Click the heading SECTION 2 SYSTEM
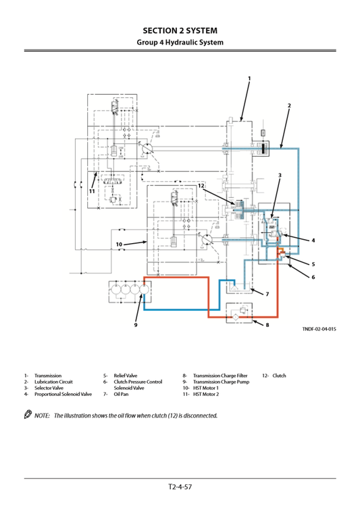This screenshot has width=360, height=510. (x=180, y=30)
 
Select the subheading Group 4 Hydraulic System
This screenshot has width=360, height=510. (x=180, y=43)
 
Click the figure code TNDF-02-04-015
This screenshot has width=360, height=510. (x=319, y=328)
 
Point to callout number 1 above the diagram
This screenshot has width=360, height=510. (x=249, y=79)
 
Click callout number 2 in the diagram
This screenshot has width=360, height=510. (x=288, y=106)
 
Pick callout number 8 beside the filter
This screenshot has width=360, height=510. (x=267, y=326)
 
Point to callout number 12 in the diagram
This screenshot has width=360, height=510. (x=201, y=186)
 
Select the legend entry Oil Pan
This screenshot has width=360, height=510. (x=120, y=394)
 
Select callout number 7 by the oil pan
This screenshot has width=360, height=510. (x=267, y=295)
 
